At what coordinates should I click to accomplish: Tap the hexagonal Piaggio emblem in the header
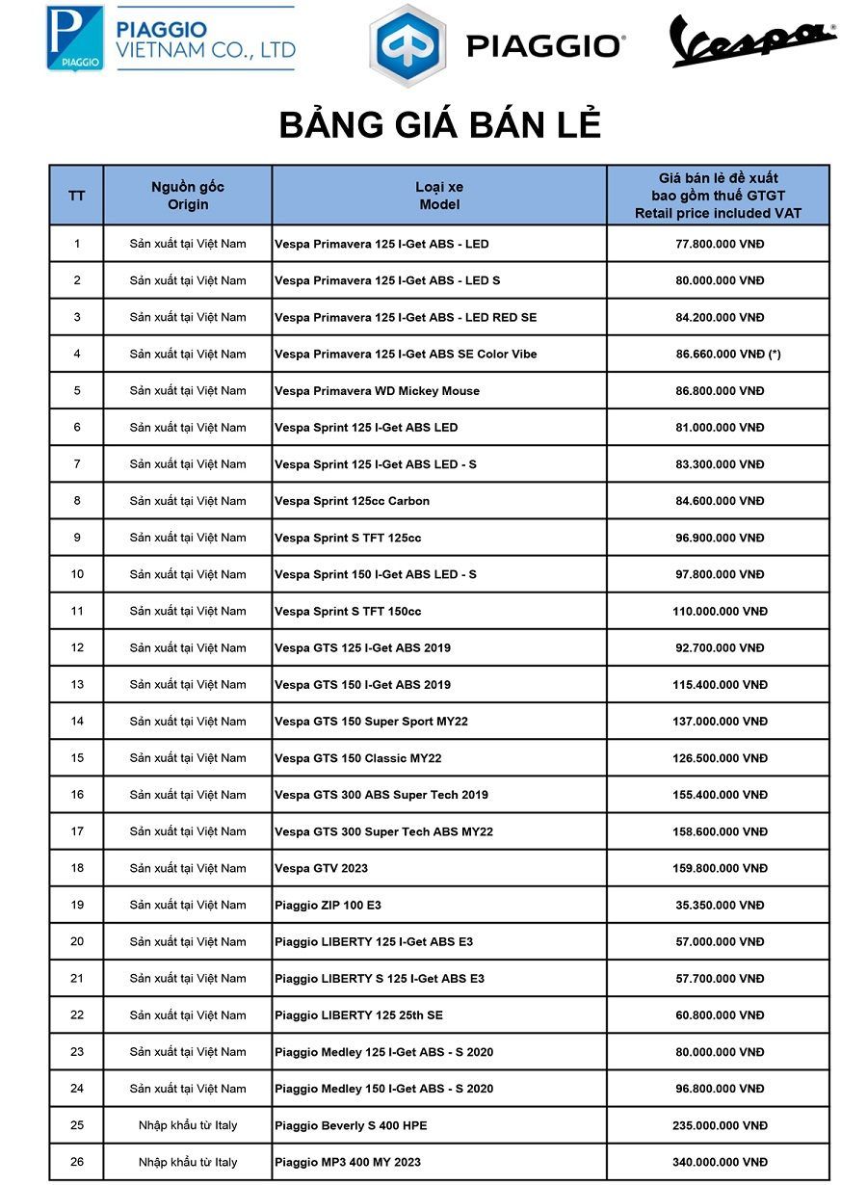pyautogui.click(x=407, y=45)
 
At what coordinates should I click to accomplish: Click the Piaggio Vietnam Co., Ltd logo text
pyautogui.click(x=204, y=39)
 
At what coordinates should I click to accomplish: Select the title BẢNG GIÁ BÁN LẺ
pyautogui.click(x=439, y=126)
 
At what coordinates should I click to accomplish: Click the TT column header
pyautogui.click(x=77, y=196)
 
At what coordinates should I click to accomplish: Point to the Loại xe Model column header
pyautogui.click(x=439, y=196)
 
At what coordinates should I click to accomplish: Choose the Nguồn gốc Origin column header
pyautogui.click(x=188, y=196)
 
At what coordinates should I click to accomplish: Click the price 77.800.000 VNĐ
pyautogui.click(x=719, y=244)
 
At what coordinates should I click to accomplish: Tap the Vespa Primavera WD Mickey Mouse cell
pyautogui.click(x=377, y=391)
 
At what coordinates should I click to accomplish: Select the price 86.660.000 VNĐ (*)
pyautogui.click(x=727, y=355)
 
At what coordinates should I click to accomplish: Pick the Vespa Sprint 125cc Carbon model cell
pyautogui.click(x=352, y=501)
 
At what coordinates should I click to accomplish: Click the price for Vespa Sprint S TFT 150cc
pyautogui.click(x=719, y=612)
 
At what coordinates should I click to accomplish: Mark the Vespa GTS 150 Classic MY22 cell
pyautogui.click(x=357, y=758)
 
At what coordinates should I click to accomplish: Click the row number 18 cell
pyautogui.click(x=77, y=868)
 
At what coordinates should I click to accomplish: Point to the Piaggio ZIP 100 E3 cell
pyautogui.click(x=328, y=906)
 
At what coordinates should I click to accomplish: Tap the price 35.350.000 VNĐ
pyautogui.click(x=719, y=906)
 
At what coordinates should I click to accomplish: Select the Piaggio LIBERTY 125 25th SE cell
pyautogui.click(x=358, y=1015)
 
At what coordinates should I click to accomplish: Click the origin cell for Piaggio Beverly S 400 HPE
pyautogui.click(x=188, y=1125)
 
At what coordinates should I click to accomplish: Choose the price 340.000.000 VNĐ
pyautogui.click(x=719, y=1162)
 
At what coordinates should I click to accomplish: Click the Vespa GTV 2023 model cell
pyautogui.click(x=321, y=868)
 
